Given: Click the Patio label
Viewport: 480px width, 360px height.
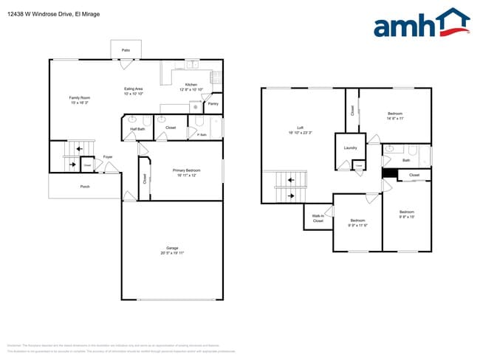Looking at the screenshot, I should [126, 50].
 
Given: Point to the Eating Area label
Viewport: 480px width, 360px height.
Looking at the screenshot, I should [133, 90].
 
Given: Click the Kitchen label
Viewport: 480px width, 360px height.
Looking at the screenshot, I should [191, 85].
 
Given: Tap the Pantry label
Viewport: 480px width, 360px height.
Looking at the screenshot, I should [213, 104].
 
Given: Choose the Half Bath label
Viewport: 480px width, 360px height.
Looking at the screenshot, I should [137, 129].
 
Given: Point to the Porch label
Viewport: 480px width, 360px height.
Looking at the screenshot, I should [85, 187].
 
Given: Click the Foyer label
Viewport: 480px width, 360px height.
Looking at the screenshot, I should [108, 157].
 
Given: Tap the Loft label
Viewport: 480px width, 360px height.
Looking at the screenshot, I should [301, 128].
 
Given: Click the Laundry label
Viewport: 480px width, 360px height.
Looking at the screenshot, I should [350, 148].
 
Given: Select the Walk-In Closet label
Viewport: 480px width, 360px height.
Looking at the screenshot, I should [318, 218].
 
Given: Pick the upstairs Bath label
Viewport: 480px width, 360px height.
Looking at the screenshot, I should [406, 160].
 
